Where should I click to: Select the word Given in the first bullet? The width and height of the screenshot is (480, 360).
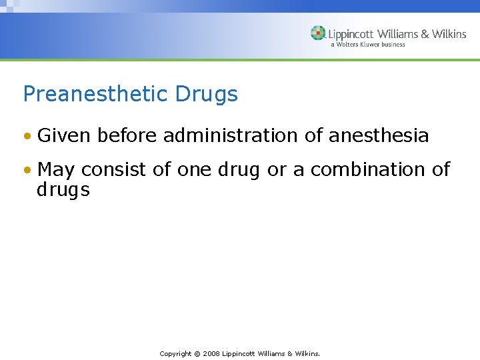coord(65,135)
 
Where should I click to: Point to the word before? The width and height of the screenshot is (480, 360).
coord(127,135)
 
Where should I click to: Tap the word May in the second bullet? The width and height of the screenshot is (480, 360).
coord(55,170)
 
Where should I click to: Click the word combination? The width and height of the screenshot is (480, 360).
coord(368,169)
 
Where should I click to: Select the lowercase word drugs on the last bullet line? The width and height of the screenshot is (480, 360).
coord(63,190)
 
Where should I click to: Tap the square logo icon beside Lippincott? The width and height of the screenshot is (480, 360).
coord(318,33)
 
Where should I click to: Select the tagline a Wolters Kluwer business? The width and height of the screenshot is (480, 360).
coord(367,45)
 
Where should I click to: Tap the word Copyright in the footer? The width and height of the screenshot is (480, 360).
coord(175,353)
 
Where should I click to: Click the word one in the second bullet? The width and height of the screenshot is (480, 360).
coord(193,170)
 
